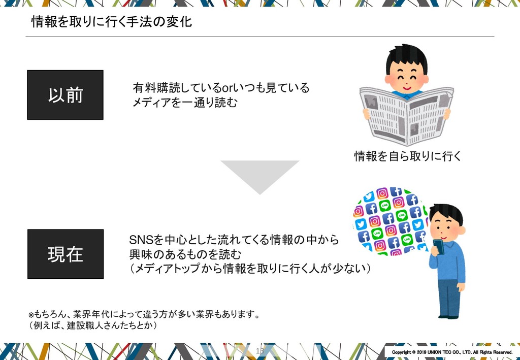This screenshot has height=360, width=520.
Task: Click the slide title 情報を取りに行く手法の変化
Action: pos(112,22)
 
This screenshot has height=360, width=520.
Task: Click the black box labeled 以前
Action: pos(65,95)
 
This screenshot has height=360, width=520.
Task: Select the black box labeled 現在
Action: pos(65,254)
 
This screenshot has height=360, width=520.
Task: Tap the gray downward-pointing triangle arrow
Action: pos(259,175)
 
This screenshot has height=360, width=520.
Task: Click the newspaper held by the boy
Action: pos(406,114)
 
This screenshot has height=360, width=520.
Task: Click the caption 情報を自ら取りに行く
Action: pos(407,156)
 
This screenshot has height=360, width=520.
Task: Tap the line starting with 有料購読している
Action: pos(220,88)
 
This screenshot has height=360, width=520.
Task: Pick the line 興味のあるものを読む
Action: pos(185,254)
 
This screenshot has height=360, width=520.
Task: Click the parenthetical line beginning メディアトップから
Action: pos(251,268)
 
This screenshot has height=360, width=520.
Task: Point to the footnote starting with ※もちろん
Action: pos(145,314)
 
